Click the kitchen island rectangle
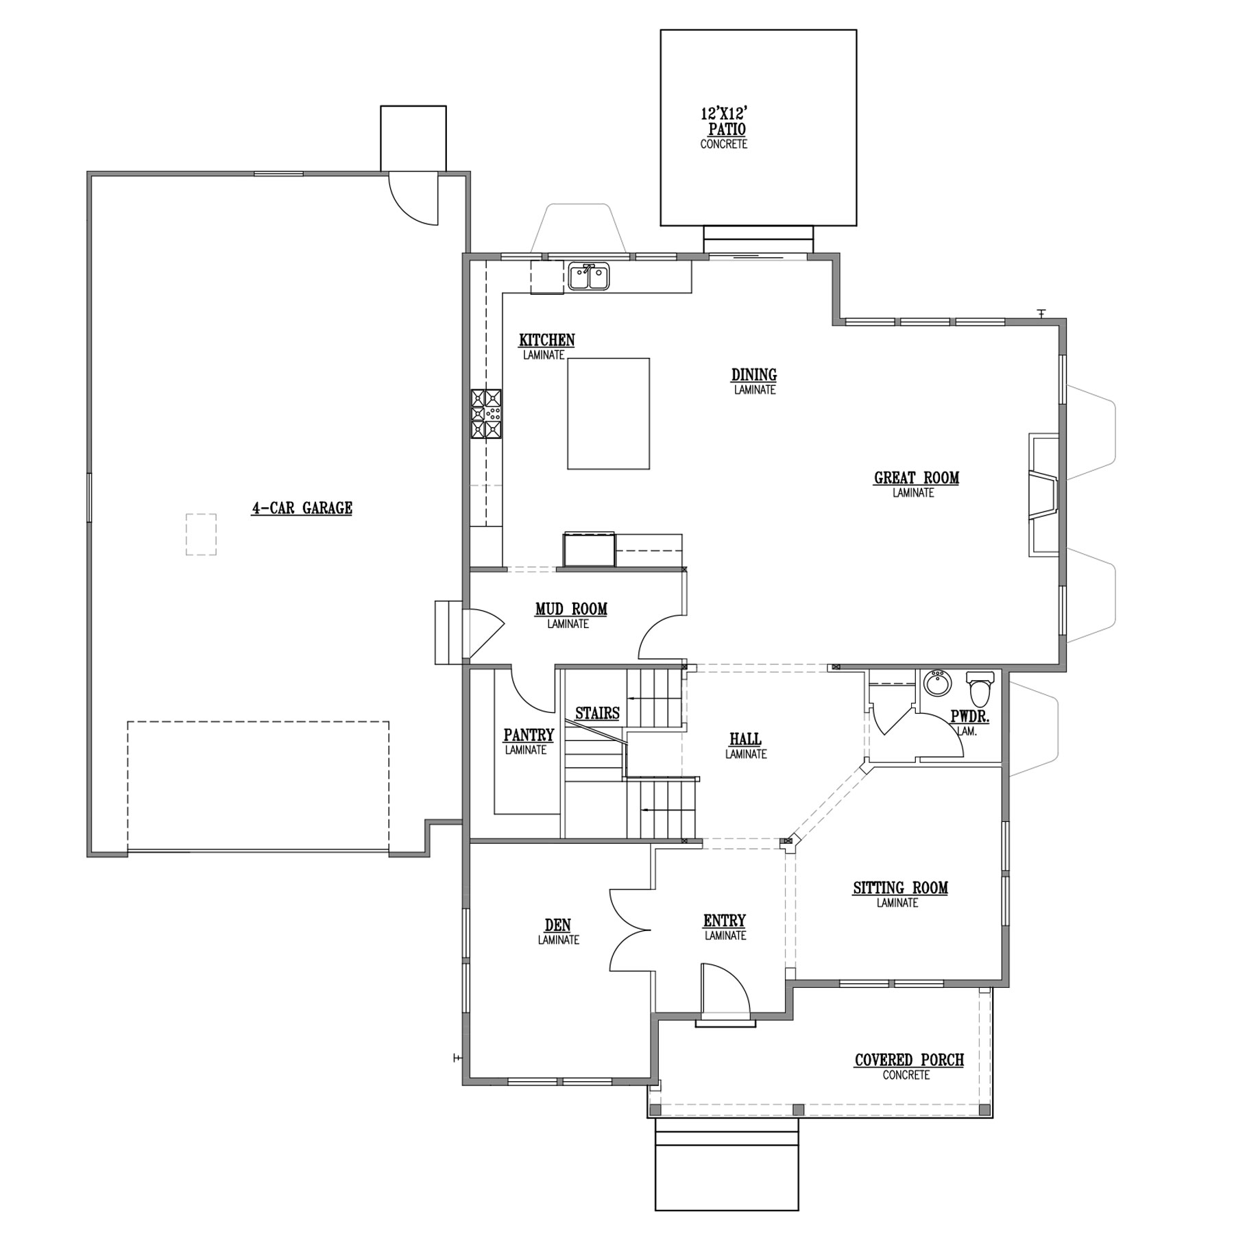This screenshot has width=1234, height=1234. (608, 413)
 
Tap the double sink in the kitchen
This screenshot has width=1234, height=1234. (589, 277)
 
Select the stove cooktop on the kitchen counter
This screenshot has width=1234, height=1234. (485, 413)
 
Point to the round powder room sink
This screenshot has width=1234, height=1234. (936, 683)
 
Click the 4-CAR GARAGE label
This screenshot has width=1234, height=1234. (302, 508)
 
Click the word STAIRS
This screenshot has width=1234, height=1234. (597, 713)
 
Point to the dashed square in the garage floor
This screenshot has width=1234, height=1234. (201, 534)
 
